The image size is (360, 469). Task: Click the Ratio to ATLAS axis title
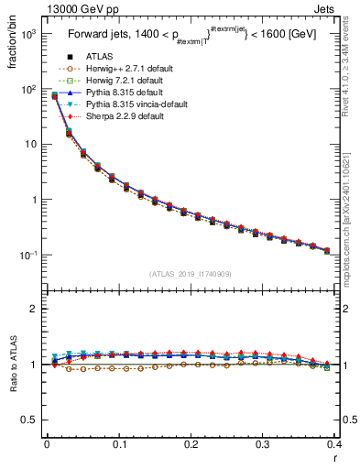(x=11, y=365)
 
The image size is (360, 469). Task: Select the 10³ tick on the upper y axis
(x=29, y=34)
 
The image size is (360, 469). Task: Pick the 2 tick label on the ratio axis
(x=35, y=309)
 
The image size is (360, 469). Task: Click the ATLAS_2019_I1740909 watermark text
(x=191, y=274)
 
